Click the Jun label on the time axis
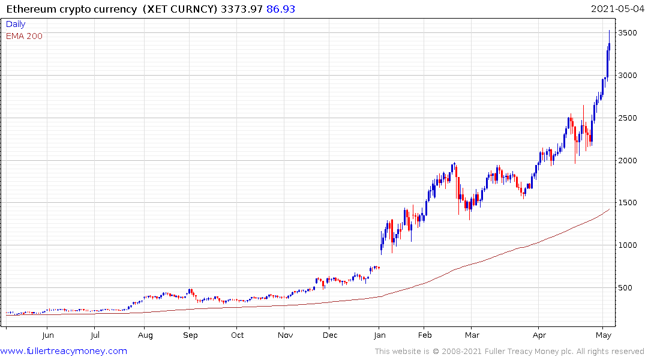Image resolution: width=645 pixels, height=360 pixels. click(x=48, y=335)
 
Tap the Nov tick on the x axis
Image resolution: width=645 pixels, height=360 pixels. click(x=286, y=335)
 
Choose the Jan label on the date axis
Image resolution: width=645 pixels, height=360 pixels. click(x=379, y=335)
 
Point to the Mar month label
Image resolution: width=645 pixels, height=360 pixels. click(x=472, y=335)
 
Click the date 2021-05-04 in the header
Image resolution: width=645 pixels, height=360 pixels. click(x=616, y=9)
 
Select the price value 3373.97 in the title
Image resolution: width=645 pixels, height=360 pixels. click(x=239, y=9)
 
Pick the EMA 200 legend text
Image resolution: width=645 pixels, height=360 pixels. click(x=24, y=36)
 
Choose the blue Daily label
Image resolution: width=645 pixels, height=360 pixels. click(x=16, y=25)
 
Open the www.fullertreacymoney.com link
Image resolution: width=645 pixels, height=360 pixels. click(x=64, y=351)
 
